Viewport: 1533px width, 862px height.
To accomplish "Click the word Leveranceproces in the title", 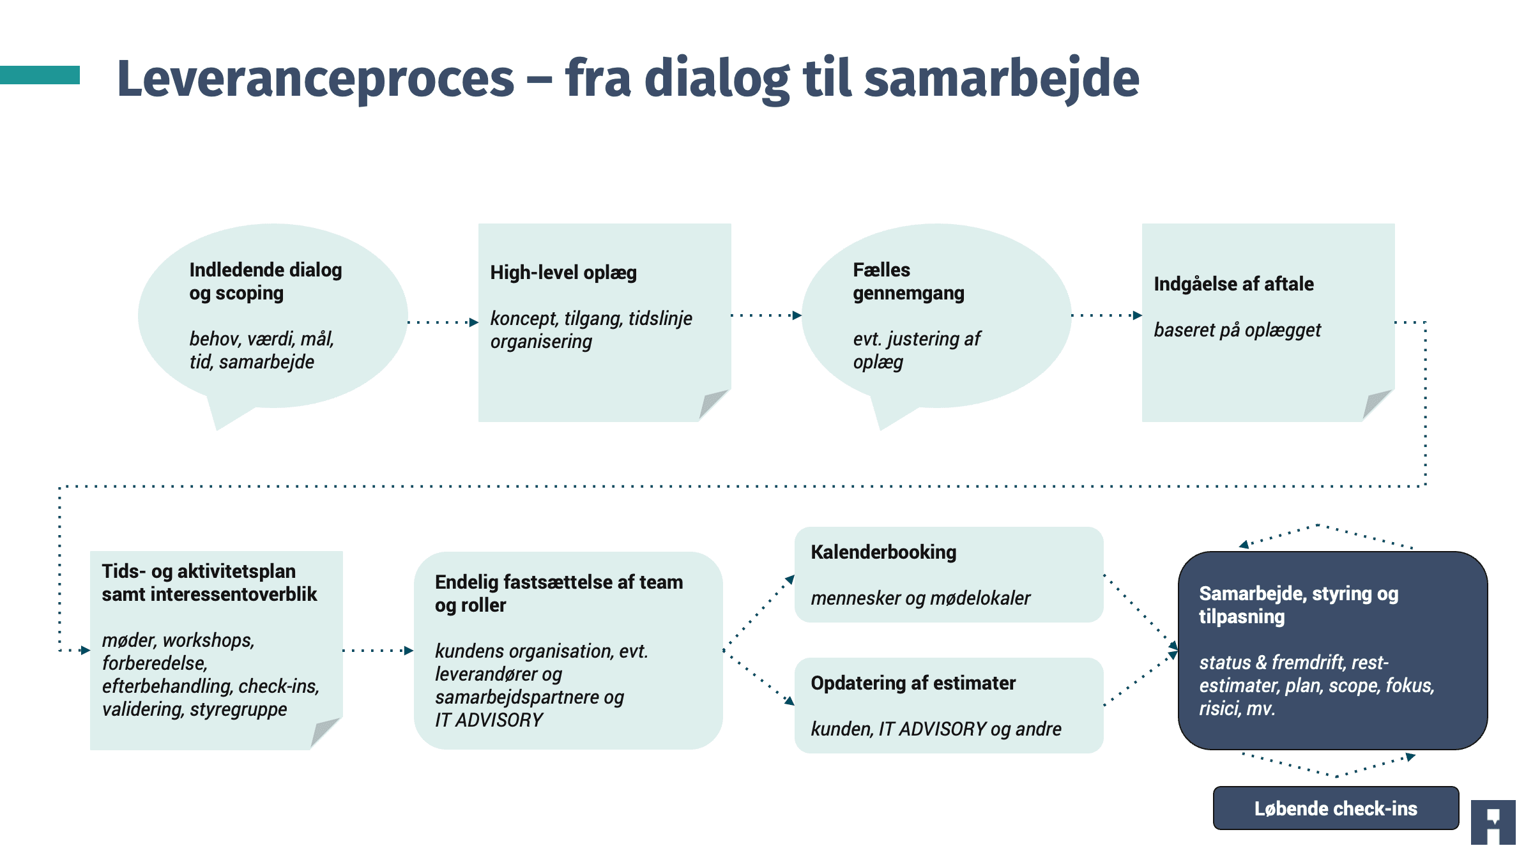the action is pyautogui.click(x=316, y=79).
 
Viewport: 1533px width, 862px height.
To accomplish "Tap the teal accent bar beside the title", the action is pyautogui.click(x=40, y=75).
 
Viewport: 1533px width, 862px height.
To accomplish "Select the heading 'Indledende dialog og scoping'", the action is pyautogui.click(x=266, y=282).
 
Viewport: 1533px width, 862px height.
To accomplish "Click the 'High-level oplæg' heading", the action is pyautogui.click(x=563, y=273).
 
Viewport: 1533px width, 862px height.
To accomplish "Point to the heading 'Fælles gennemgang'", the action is pyautogui.click(x=908, y=282).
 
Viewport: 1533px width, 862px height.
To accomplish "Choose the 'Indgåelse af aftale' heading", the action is pyautogui.click(x=1233, y=284).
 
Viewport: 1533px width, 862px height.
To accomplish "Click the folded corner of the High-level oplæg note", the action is pyautogui.click(x=714, y=404).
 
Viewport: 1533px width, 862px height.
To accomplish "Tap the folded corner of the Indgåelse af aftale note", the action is pyautogui.click(x=1378, y=404).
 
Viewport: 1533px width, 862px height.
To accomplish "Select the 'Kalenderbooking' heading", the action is pyautogui.click(x=883, y=552).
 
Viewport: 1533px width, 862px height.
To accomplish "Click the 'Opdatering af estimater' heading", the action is pyautogui.click(x=913, y=683).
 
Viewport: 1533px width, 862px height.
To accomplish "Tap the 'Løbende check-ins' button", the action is pyautogui.click(x=1336, y=808).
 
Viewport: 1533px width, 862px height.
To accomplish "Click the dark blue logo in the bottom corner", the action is pyautogui.click(x=1493, y=822).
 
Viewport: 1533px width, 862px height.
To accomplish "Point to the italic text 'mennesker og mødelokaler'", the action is pyautogui.click(x=920, y=598).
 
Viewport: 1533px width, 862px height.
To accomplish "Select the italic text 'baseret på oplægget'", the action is pyautogui.click(x=1237, y=330).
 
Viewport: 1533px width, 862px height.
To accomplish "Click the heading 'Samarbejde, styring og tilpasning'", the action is pyautogui.click(x=1299, y=605).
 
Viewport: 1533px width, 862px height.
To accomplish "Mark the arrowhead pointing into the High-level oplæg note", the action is pyautogui.click(x=474, y=322).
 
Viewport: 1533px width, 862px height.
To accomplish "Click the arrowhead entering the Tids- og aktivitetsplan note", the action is pyautogui.click(x=86, y=651).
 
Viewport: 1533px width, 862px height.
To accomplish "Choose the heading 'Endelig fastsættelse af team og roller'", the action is pyautogui.click(x=559, y=594).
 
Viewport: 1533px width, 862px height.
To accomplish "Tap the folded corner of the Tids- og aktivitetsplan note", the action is pyautogui.click(x=326, y=732).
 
